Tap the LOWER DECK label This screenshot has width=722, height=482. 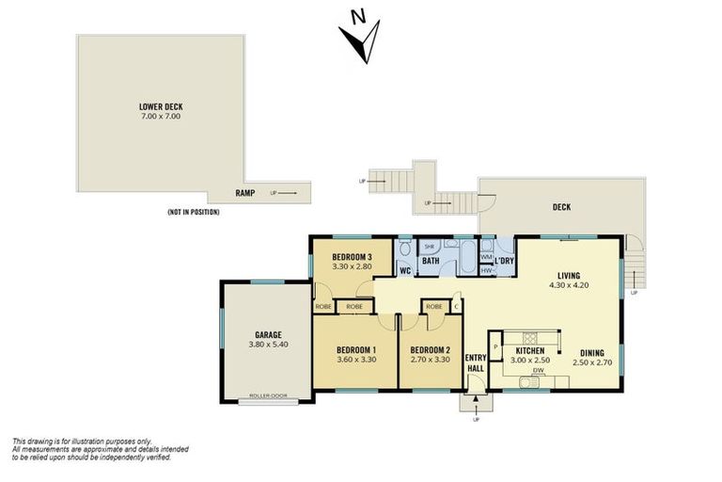point(159,106)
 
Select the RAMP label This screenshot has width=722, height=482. point(246,193)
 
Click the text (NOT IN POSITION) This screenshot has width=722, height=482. point(193,212)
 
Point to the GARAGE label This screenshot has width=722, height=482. point(268,334)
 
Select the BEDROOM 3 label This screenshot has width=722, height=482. point(352,257)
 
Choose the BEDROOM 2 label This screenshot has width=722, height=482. point(431,348)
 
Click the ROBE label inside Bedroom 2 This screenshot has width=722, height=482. point(433,307)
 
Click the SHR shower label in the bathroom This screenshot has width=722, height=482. point(429,248)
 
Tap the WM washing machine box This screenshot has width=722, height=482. point(486,256)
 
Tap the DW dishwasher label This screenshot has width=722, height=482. point(538,370)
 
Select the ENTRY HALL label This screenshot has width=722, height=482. point(476,362)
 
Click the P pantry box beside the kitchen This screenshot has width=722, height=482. point(494,345)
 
